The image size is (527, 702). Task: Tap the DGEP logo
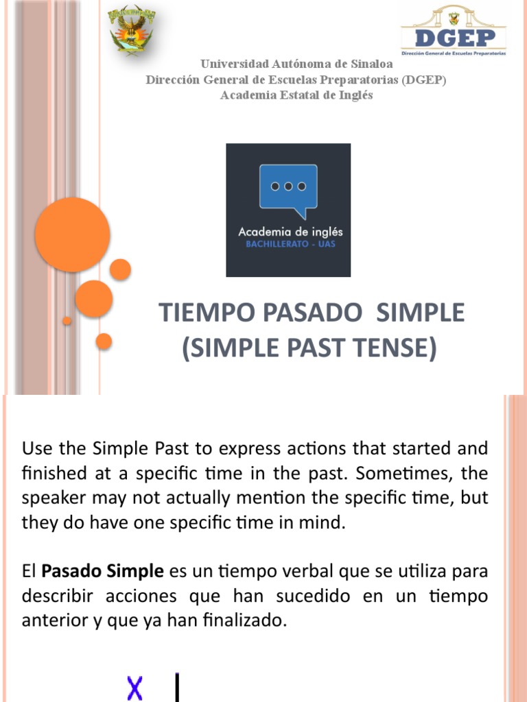453,31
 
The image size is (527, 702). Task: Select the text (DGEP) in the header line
424,80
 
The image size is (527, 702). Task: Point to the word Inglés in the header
357,95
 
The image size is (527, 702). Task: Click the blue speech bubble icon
288,189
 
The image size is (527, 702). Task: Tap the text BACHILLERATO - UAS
288,245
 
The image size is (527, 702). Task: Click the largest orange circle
73,234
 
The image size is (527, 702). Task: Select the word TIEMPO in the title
201,313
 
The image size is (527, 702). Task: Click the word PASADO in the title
305,313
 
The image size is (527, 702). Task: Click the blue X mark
135,688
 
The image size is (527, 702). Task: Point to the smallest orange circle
67,320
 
